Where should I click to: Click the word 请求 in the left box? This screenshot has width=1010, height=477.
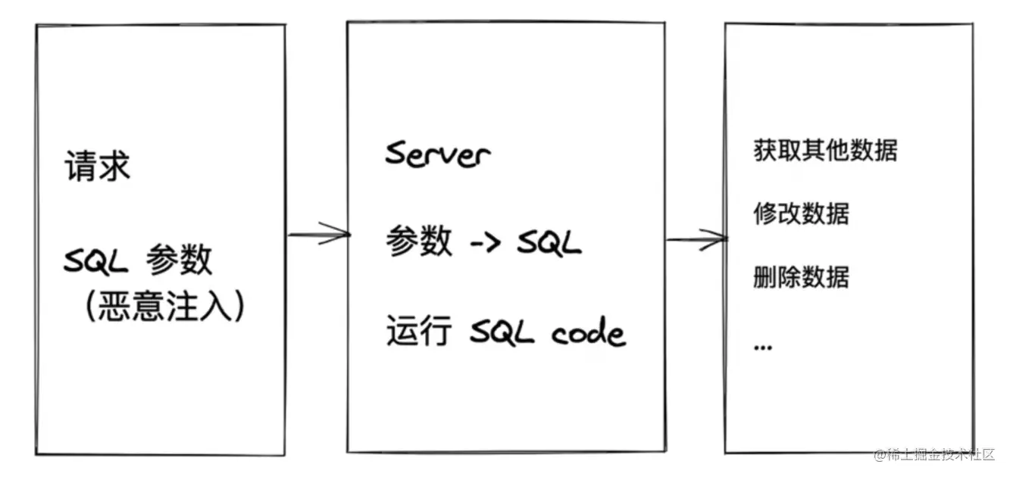pyautogui.click(x=97, y=167)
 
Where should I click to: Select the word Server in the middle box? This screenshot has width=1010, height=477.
pyautogui.click(x=437, y=154)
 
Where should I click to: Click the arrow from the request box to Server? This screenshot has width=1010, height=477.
pyautogui.click(x=317, y=234)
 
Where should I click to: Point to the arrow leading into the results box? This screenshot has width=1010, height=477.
pyautogui.click(x=696, y=240)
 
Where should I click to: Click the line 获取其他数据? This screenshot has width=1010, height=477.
pyautogui.click(x=825, y=150)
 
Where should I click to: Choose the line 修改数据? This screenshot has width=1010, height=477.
pyautogui.click(x=802, y=214)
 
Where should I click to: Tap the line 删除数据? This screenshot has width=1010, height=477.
pyautogui.click(x=802, y=277)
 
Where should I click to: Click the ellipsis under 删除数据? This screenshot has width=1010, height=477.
pyautogui.click(x=763, y=346)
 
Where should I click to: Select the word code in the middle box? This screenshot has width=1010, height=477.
pyautogui.click(x=588, y=333)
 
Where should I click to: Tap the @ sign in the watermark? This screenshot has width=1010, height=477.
pyautogui.click(x=880, y=455)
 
